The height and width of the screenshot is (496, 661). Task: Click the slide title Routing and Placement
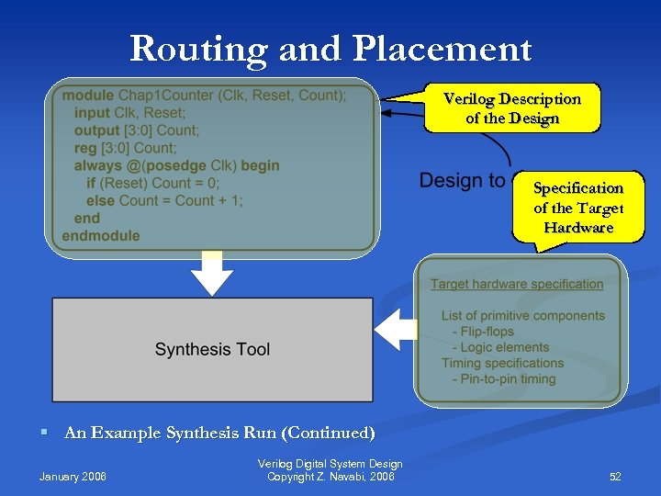pos(330,49)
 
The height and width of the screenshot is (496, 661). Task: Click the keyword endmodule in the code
pos(101,235)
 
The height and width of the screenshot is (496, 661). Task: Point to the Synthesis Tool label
pos(212,349)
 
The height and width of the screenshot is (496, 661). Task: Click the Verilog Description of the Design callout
pos(511,108)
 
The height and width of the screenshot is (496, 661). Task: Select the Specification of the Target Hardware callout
pos(578,207)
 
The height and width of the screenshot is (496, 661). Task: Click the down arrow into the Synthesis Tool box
pos(212,275)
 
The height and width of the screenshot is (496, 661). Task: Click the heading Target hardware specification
pos(517,284)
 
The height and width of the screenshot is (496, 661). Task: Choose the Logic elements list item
pos(506,347)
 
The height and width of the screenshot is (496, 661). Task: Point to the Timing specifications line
pos(502,363)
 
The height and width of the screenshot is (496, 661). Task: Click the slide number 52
pos(615,477)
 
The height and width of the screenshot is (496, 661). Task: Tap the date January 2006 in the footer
pos(73,477)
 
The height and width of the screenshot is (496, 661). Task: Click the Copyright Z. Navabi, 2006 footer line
pos(330,477)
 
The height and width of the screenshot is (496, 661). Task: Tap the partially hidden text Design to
pos(462,181)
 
